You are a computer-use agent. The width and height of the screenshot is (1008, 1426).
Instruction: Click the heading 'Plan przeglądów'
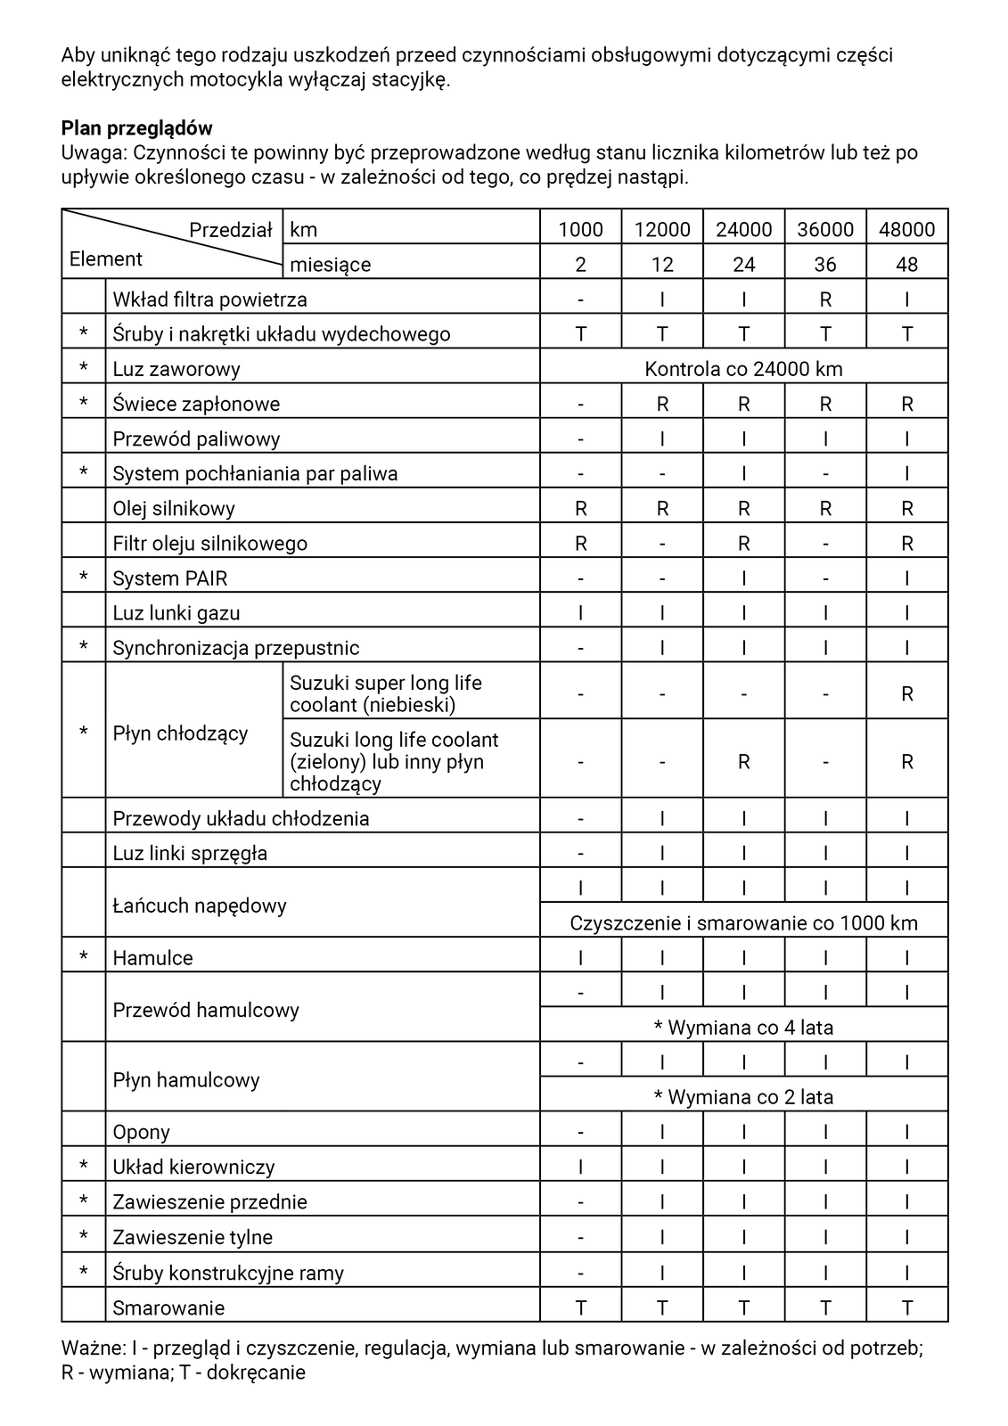[x=136, y=128]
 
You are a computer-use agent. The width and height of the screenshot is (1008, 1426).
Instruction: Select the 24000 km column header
[x=743, y=229]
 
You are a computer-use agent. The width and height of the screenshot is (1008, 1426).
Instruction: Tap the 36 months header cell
[x=825, y=264]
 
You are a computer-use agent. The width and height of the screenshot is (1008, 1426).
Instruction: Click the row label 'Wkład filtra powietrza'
[x=209, y=299]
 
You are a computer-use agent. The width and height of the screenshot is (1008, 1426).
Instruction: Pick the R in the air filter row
[x=825, y=299]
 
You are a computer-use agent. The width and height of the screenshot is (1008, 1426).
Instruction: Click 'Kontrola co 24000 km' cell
[x=743, y=368]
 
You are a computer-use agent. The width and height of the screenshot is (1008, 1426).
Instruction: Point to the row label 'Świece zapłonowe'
[x=196, y=404]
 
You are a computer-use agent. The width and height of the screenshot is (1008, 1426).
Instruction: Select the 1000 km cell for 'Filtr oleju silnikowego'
[x=580, y=543]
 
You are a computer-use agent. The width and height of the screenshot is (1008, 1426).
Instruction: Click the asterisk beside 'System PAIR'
[x=84, y=578]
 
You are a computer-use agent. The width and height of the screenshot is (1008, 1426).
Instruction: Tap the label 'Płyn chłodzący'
[x=180, y=733]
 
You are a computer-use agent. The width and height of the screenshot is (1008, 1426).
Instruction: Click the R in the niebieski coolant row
[x=906, y=693]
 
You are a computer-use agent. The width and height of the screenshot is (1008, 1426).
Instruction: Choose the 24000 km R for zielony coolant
[x=743, y=762]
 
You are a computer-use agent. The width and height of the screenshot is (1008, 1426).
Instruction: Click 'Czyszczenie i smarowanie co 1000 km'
[x=743, y=922]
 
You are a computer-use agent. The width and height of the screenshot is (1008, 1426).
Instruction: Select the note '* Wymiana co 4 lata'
[x=743, y=1027]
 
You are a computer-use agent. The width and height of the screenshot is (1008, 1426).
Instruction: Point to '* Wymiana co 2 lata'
[x=743, y=1096]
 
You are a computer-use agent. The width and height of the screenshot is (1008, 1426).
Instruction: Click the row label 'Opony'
[x=141, y=1132]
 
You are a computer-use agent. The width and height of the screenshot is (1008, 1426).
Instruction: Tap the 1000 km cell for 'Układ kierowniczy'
[x=580, y=1167]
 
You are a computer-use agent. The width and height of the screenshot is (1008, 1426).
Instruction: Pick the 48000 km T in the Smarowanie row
[x=906, y=1307]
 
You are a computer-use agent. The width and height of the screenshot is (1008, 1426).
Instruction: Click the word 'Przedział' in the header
[x=230, y=230]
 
